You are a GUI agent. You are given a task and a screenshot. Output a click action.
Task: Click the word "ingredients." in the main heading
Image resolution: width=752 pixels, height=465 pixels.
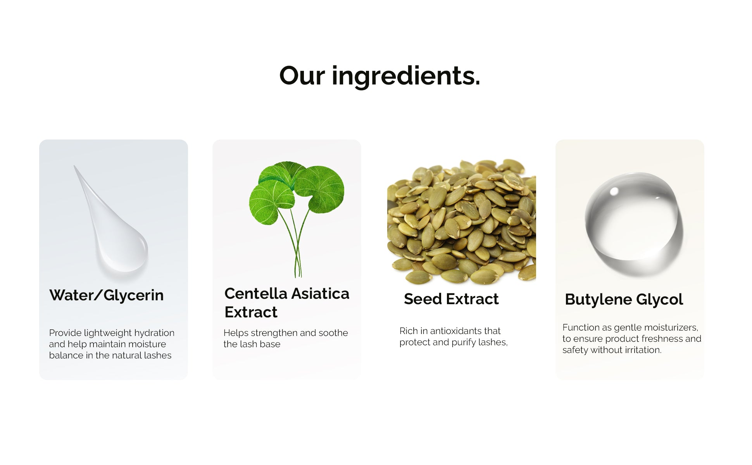tap(406, 76)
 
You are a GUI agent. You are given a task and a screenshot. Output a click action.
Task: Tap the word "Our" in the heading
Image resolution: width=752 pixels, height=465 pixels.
tap(302, 76)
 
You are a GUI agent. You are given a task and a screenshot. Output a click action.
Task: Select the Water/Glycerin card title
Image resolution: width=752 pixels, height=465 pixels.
tap(107, 295)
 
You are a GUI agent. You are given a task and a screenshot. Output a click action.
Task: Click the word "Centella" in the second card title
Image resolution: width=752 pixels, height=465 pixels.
tap(256, 294)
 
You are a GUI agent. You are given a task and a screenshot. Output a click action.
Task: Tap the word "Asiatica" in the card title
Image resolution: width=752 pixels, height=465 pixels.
tap(320, 294)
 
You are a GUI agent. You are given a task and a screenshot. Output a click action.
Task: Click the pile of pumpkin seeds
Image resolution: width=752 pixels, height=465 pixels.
tap(462, 221)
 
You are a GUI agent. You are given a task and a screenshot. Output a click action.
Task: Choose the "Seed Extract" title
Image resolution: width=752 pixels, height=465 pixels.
tap(451, 299)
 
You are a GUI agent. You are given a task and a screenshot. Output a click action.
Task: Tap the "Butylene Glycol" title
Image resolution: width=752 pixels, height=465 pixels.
tap(624, 300)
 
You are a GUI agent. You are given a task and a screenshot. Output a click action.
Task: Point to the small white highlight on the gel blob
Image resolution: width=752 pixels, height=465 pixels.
tap(614, 191)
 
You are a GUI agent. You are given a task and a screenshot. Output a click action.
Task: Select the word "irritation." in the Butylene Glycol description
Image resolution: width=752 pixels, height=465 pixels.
tap(643, 350)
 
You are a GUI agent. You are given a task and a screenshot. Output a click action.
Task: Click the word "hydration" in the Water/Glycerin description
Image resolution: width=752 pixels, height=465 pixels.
tap(154, 333)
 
